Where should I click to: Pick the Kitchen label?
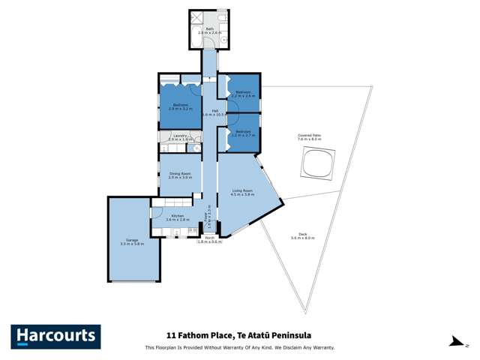177,216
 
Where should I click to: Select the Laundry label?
179,136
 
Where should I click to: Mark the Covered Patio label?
308,136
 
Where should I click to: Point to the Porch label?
209,238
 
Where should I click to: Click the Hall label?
214,111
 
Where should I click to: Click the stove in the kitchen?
193,229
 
